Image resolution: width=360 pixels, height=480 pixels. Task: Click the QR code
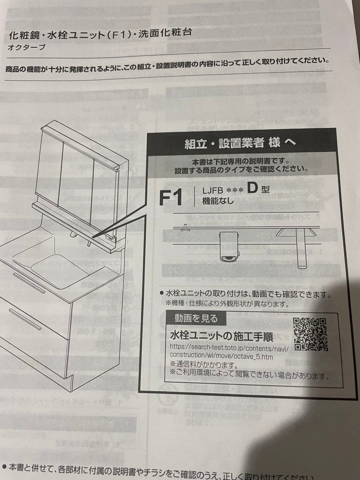[x=310, y=334]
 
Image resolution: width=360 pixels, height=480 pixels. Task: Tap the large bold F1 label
[x=171, y=197]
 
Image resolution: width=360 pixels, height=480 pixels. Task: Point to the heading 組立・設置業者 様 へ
[x=240, y=143]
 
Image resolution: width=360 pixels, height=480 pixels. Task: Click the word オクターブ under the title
[x=27, y=48]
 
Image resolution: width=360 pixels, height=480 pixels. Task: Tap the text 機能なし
[x=218, y=201]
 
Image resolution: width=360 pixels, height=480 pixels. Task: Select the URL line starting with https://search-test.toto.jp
[x=229, y=348]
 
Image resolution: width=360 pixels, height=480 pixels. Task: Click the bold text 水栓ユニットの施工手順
[x=221, y=335]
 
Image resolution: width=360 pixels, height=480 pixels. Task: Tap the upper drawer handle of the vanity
[x=28, y=283]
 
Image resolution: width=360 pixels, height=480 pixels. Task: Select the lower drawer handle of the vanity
[x=24, y=319]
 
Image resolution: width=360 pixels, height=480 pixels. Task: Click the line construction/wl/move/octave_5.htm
[x=221, y=356]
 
